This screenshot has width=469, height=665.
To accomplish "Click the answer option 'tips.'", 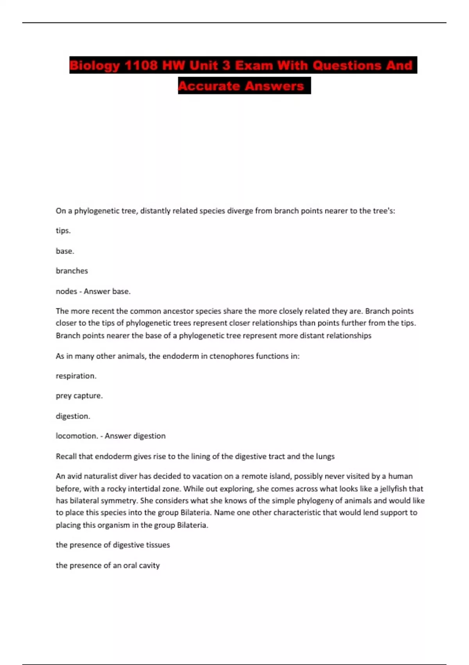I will (63, 230).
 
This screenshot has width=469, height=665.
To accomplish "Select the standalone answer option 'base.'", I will (65, 251).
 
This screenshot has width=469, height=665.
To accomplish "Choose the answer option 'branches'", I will (72, 271).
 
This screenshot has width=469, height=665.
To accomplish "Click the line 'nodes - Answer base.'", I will (93, 291).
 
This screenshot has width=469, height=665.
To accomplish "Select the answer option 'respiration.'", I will (76, 376).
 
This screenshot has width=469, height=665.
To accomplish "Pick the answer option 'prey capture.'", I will (79, 395).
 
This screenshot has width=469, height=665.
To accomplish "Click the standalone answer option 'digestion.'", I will (73, 416).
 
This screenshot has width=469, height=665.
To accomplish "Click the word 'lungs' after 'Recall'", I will (324, 456).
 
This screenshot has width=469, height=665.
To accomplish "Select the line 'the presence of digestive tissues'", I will (113, 545).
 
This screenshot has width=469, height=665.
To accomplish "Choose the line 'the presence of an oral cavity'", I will (107, 565).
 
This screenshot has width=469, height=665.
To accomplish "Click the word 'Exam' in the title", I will (254, 65).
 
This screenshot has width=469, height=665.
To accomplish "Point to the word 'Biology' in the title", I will (95, 65).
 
